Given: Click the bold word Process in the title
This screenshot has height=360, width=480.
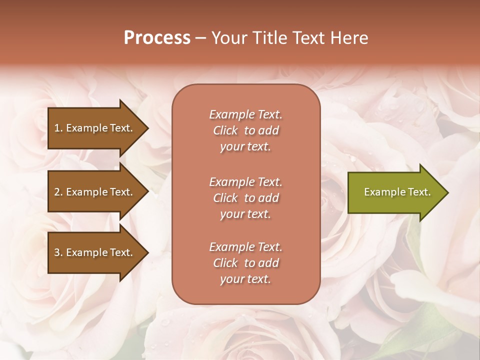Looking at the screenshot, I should pos(157,38).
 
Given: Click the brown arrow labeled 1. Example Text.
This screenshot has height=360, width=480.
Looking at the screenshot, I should pos(95,128).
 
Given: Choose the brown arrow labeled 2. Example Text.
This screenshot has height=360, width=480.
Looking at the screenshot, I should pos(95,192).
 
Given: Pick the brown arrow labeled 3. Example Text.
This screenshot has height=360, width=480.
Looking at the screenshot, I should pos(95,252).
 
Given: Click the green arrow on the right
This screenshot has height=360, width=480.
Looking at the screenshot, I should pos(395,192).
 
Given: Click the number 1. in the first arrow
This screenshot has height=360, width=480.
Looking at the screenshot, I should pos(58,128).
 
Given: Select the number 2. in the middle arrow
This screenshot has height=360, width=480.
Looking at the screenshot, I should pos(58,192).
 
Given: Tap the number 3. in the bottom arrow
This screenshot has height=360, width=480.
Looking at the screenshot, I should pos(58,252).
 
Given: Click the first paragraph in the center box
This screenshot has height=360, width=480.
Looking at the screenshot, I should pos(245,130).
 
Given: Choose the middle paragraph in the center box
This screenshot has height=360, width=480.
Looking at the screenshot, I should pos(245,198).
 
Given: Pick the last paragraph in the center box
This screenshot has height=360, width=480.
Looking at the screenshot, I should pos(245,263).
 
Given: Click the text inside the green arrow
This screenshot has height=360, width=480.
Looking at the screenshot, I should pos(397,192).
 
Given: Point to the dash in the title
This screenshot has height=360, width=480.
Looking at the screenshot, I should pos(201,38).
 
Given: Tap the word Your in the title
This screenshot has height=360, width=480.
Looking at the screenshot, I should pos(228,38).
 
